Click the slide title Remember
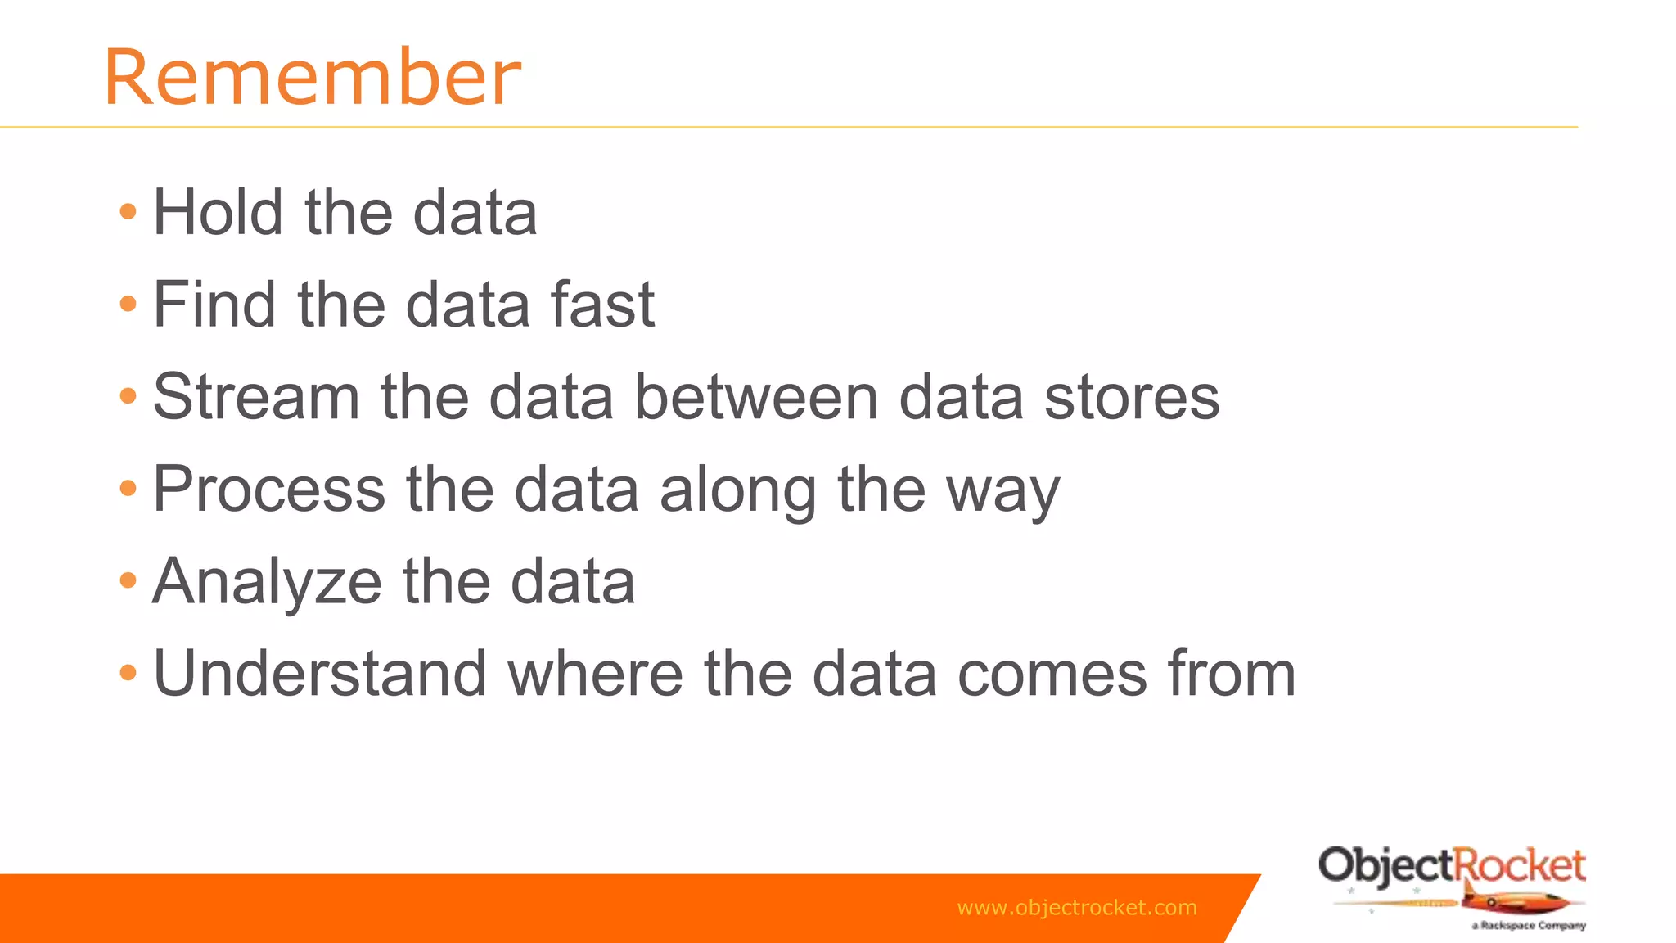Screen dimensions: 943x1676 point(312,78)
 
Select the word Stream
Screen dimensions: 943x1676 point(256,397)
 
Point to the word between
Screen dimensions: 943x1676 point(756,397)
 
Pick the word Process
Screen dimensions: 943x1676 point(269,490)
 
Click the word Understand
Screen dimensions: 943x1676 point(320,674)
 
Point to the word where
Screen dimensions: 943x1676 point(595,674)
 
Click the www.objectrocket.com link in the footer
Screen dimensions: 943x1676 point(1076,908)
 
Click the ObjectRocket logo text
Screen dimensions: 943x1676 point(1452,866)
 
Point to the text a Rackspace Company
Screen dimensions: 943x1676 point(1529,926)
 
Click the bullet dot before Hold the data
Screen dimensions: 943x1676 point(128,213)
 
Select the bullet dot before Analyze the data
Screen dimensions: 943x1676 point(128,581)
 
